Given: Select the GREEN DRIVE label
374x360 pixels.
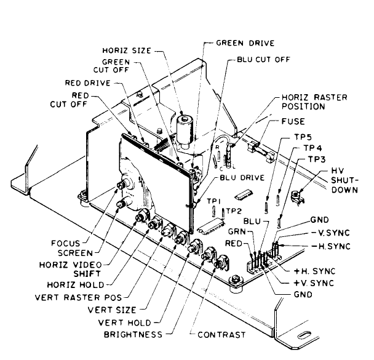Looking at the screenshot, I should coord(245,44).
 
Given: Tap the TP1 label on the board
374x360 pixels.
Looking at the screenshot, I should coord(212,201).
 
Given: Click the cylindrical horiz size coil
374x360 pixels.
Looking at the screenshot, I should coord(182,130).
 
